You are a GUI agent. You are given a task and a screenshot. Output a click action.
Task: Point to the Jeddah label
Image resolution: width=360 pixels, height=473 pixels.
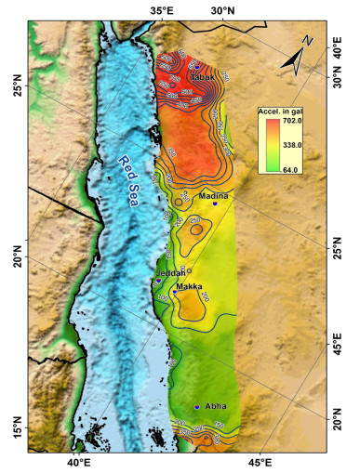click(x=170, y=272)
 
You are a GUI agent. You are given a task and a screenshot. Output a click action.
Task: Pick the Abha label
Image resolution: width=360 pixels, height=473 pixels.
click(x=217, y=405)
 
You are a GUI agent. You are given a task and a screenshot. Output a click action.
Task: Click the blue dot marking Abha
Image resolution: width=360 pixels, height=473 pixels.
click(x=197, y=407)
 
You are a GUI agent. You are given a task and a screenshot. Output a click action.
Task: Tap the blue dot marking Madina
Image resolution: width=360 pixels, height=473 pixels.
click(x=214, y=204)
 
